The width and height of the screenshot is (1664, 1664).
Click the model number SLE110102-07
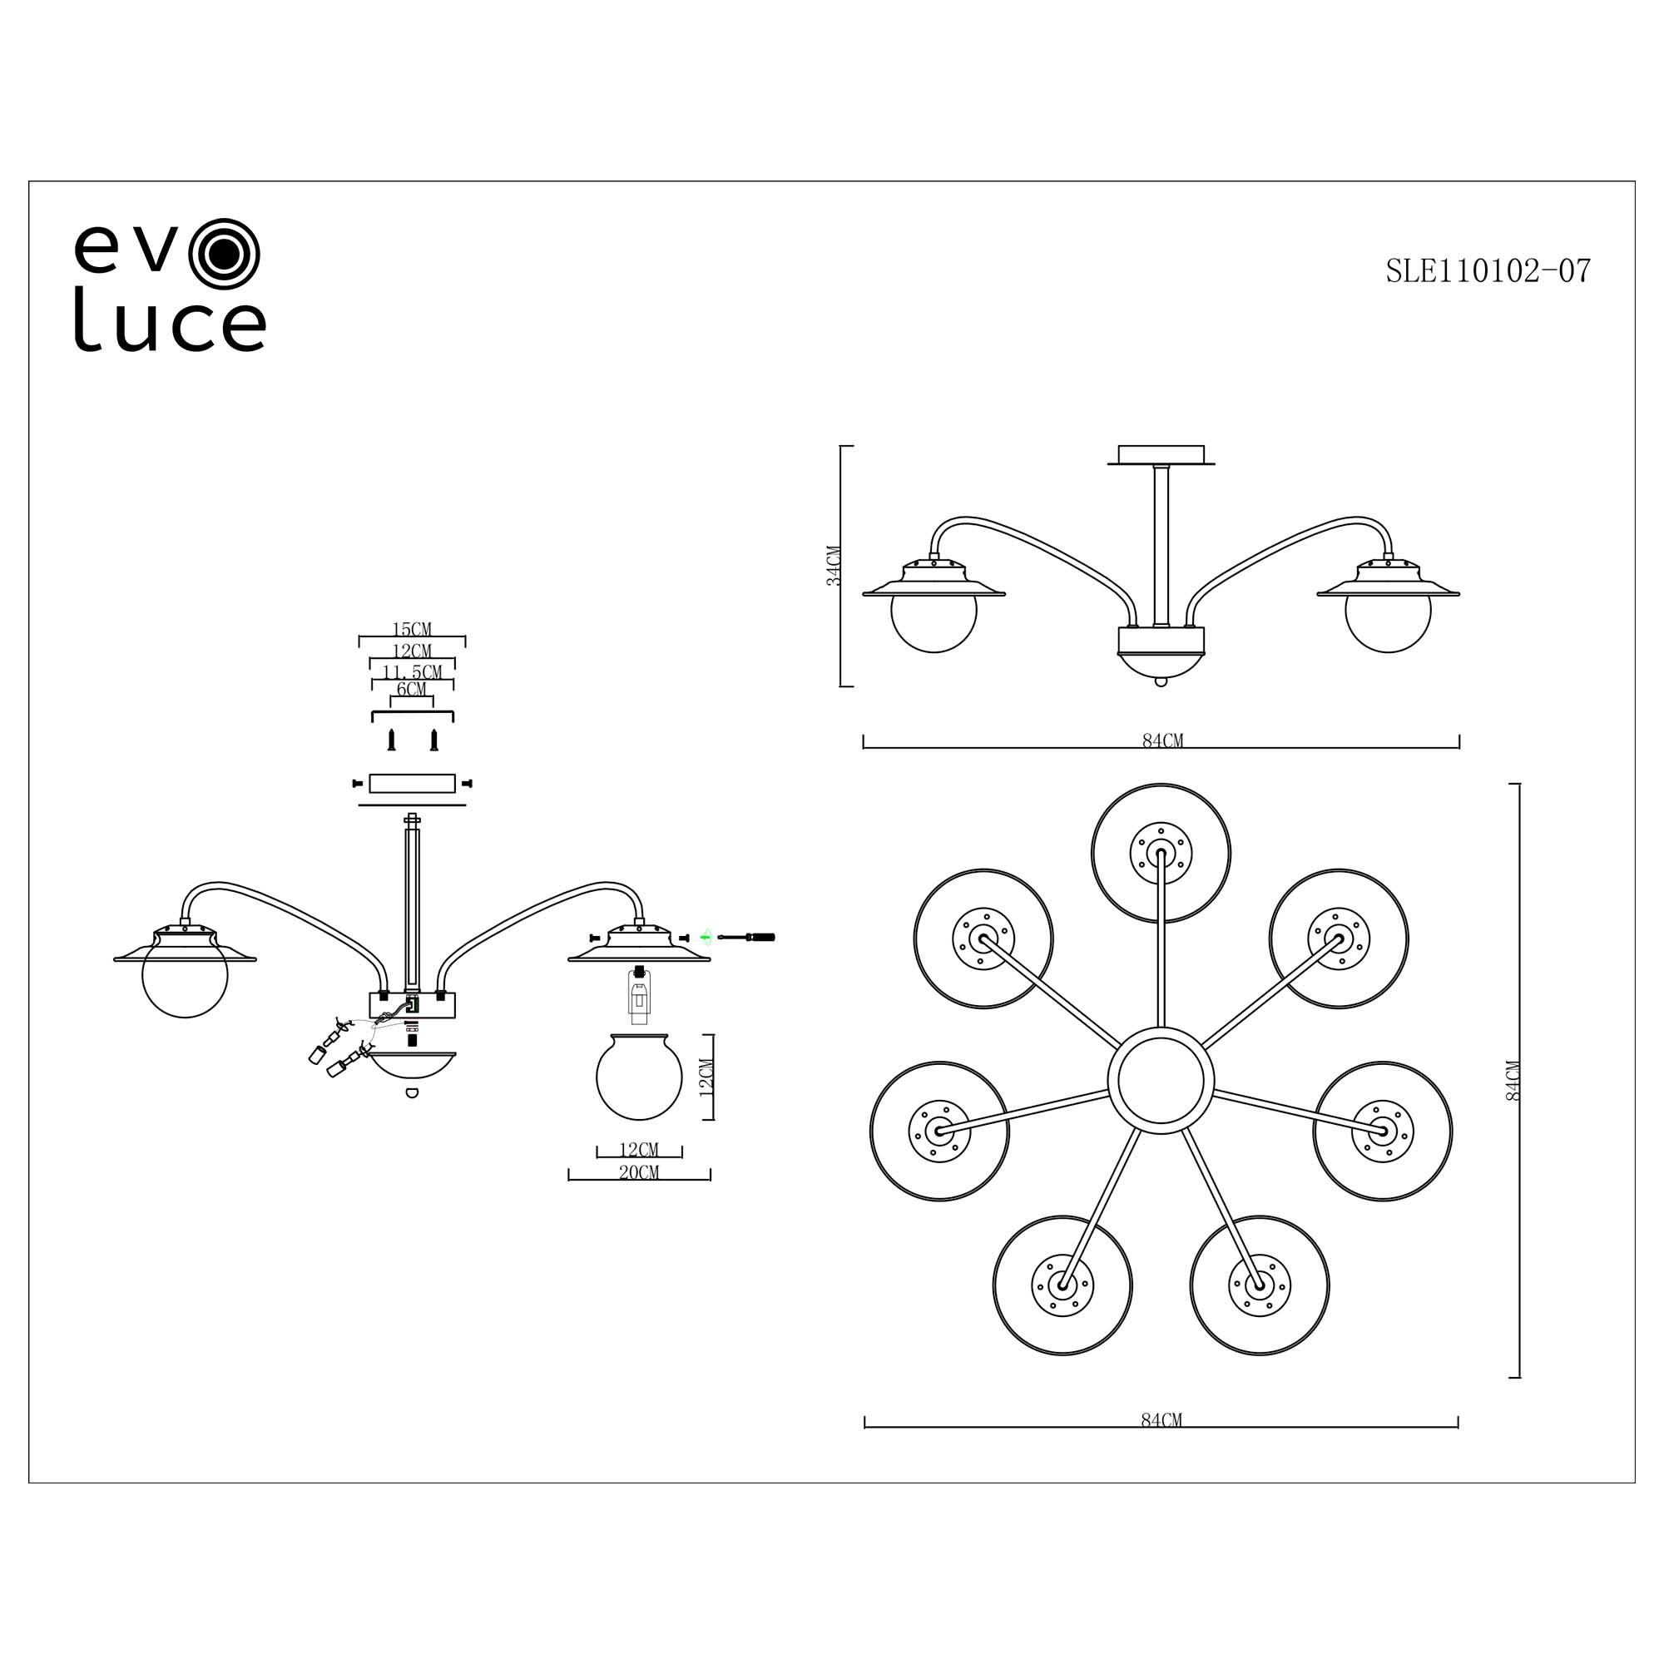coord(1488,271)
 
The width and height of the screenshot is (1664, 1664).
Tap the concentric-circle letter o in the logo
coord(224,251)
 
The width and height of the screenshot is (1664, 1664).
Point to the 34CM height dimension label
coord(833,566)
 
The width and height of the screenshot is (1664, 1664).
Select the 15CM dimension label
coord(412,630)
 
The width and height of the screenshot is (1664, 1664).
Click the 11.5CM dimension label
coord(412,671)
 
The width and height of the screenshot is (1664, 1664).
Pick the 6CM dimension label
coord(412,690)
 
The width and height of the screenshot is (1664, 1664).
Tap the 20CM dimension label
coord(639,1172)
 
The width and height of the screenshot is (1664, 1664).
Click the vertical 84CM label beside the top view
coord(1513,1080)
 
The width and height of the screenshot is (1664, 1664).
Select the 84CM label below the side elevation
coord(1161,740)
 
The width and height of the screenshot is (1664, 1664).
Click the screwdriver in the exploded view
coord(747,936)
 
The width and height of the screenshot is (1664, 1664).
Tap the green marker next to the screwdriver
coord(706,935)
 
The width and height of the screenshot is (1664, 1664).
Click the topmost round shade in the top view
coord(1160,853)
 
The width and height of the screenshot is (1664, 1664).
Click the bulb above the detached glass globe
coord(638,995)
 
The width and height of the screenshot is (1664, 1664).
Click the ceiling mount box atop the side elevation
coord(1160,454)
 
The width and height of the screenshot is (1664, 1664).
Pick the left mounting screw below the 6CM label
coord(391,740)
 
